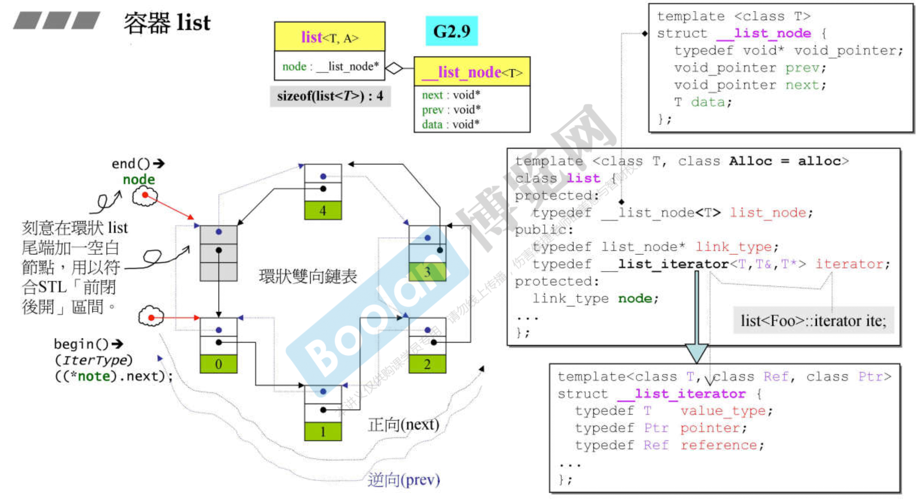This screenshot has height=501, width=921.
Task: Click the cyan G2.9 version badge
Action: (451, 31)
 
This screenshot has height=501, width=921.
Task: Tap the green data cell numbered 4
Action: (323, 210)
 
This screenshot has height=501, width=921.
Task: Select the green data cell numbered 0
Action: (219, 364)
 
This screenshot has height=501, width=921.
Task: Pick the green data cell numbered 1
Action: (323, 432)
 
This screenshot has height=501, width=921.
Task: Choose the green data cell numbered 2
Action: (427, 364)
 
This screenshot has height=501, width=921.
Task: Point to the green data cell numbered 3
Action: (427, 272)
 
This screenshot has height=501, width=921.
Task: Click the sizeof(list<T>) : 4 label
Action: (330, 96)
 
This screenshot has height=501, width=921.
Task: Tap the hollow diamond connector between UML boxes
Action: (394, 68)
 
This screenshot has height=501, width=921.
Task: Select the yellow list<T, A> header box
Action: (330, 37)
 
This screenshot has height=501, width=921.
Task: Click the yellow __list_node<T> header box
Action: (472, 72)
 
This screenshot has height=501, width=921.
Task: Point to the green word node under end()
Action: (139, 179)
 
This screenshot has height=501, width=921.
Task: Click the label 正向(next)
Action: (404, 425)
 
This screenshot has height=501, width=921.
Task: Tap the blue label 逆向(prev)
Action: (404, 480)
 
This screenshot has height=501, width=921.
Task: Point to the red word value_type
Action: (723, 411)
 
